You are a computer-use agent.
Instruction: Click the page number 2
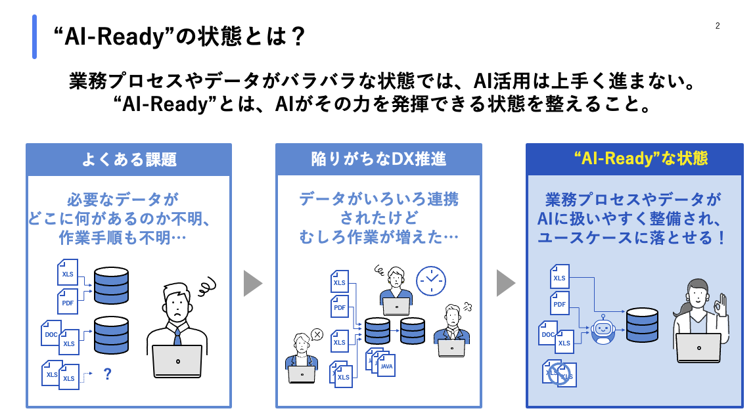point(718,26)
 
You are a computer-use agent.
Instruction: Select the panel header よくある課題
point(129,160)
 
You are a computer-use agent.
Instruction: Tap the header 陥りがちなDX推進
point(378,160)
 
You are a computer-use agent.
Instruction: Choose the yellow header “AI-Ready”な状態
point(635,159)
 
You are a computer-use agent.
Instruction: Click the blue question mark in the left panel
point(107,374)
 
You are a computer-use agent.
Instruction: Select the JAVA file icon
point(387,365)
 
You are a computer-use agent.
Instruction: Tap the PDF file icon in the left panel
point(68,301)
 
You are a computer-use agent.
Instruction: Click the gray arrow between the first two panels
point(252,283)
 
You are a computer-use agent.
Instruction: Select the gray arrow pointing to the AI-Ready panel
point(505,283)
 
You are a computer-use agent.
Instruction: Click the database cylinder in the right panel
point(642,325)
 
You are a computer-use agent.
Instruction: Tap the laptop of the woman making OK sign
point(698,347)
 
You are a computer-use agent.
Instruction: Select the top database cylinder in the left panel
point(112,282)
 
